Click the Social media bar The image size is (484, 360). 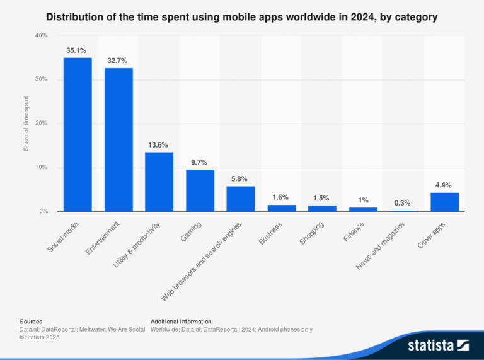pos(78,135)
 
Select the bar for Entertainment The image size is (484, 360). pos(118,140)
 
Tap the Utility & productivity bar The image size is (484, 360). pos(159,182)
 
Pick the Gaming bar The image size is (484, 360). pos(200,190)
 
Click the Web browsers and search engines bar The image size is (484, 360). pos(241,199)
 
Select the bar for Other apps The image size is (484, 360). pos(444,202)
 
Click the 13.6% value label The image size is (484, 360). pos(159,144)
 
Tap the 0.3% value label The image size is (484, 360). pos(403,203)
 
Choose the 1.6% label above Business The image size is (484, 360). pos(281,197)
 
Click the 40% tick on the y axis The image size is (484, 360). pos(41,36)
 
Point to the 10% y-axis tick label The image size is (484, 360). pos(41,168)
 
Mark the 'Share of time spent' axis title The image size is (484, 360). pos(26,124)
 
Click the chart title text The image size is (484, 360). pos(242,18)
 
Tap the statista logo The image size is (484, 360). pos(438,345)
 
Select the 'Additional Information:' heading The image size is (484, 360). pos(181,322)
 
